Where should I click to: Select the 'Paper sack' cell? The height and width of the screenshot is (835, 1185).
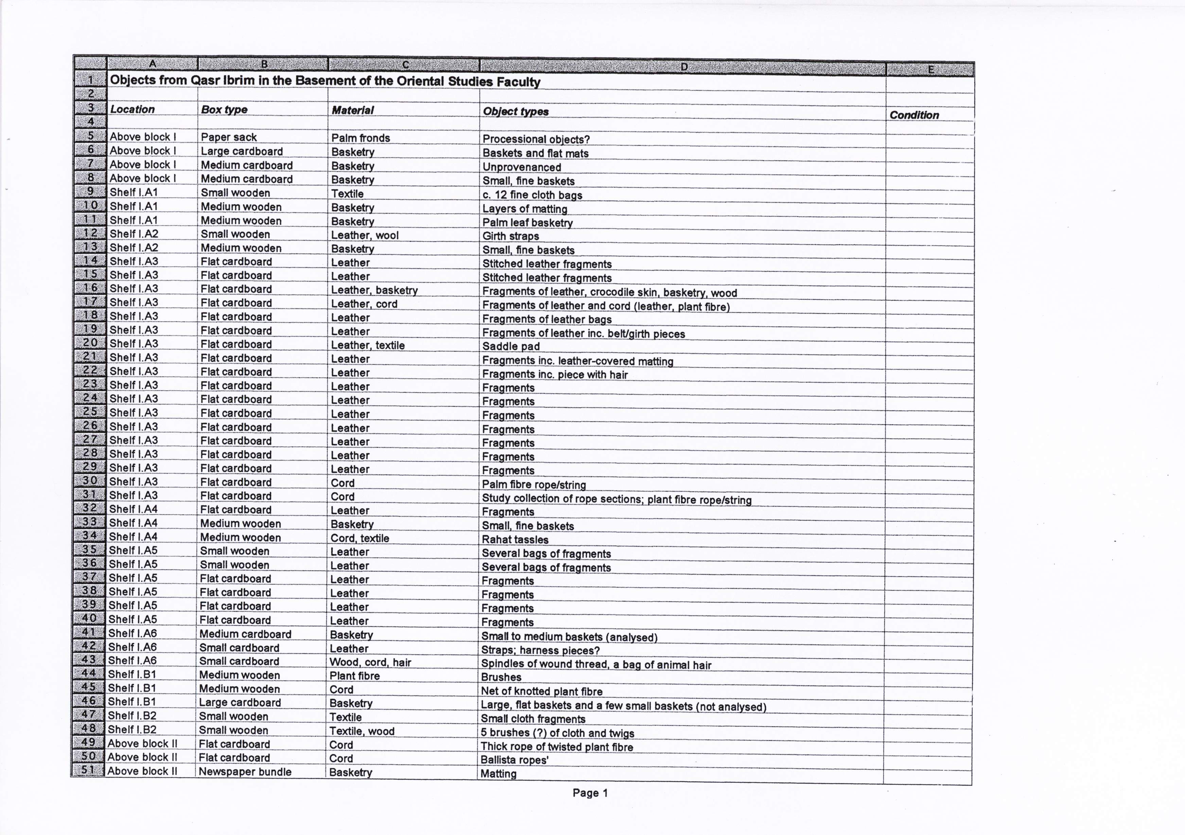pos(229,137)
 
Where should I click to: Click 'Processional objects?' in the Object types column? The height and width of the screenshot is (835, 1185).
pos(536,139)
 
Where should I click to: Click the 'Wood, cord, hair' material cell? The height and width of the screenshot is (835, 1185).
pos(370,662)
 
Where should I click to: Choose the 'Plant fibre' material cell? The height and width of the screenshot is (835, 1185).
pos(354,676)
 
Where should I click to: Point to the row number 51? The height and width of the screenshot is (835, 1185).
pos(88,770)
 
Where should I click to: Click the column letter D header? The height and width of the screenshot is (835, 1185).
pos(683,67)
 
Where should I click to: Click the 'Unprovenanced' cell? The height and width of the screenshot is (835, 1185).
pos(521,167)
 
